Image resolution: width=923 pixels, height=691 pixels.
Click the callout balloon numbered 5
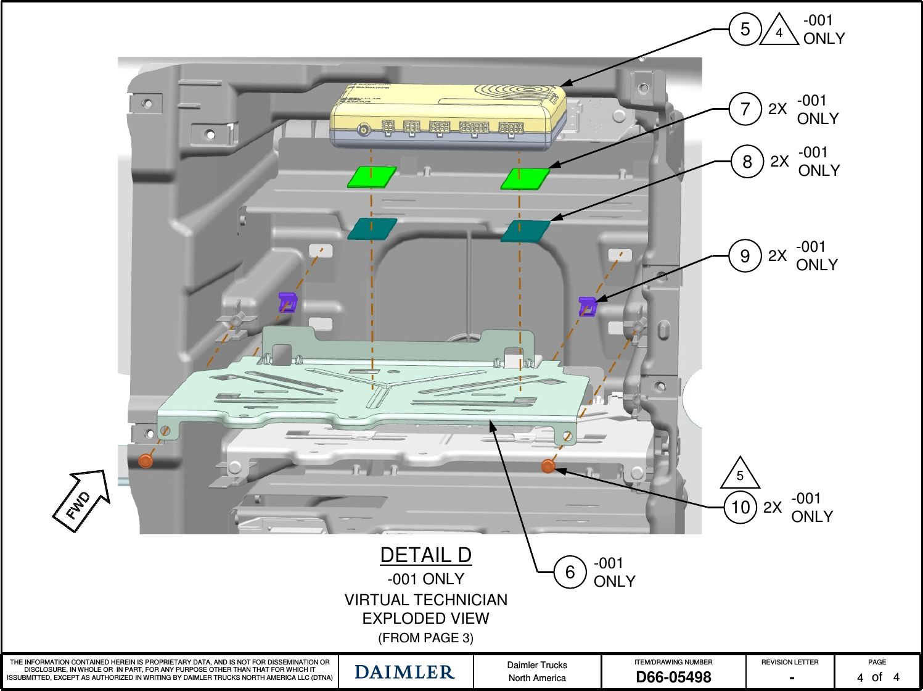pos(745,29)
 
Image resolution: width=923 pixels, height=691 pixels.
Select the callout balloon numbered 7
pos(745,109)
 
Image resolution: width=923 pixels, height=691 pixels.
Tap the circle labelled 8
pos(747,162)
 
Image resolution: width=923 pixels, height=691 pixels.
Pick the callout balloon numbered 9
pos(745,256)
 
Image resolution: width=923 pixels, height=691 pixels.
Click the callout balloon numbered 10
pos(740,507)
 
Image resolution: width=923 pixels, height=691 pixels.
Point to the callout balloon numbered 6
pos(570,572)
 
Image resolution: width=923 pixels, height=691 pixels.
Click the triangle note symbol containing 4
pos(779,31)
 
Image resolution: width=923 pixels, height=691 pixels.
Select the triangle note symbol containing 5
pos(740,474)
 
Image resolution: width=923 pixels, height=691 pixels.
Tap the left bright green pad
pos(372,176)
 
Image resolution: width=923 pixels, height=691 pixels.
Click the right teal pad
pos(525,231)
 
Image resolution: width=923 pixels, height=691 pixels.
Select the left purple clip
pos(287,302)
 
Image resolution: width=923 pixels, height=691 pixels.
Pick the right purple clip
pos(588,306)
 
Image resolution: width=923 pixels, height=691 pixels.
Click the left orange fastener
pos(146,460)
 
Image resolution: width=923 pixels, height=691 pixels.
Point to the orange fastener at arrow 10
pos(548,466)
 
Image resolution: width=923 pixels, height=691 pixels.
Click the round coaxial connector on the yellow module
pos(364,129)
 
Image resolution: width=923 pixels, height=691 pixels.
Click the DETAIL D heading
pos(425,555)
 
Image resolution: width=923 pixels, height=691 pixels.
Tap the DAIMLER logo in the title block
pos(404,672)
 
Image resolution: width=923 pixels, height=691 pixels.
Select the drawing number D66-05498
pos(673,677)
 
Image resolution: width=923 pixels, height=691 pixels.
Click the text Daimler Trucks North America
pos(537,671)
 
